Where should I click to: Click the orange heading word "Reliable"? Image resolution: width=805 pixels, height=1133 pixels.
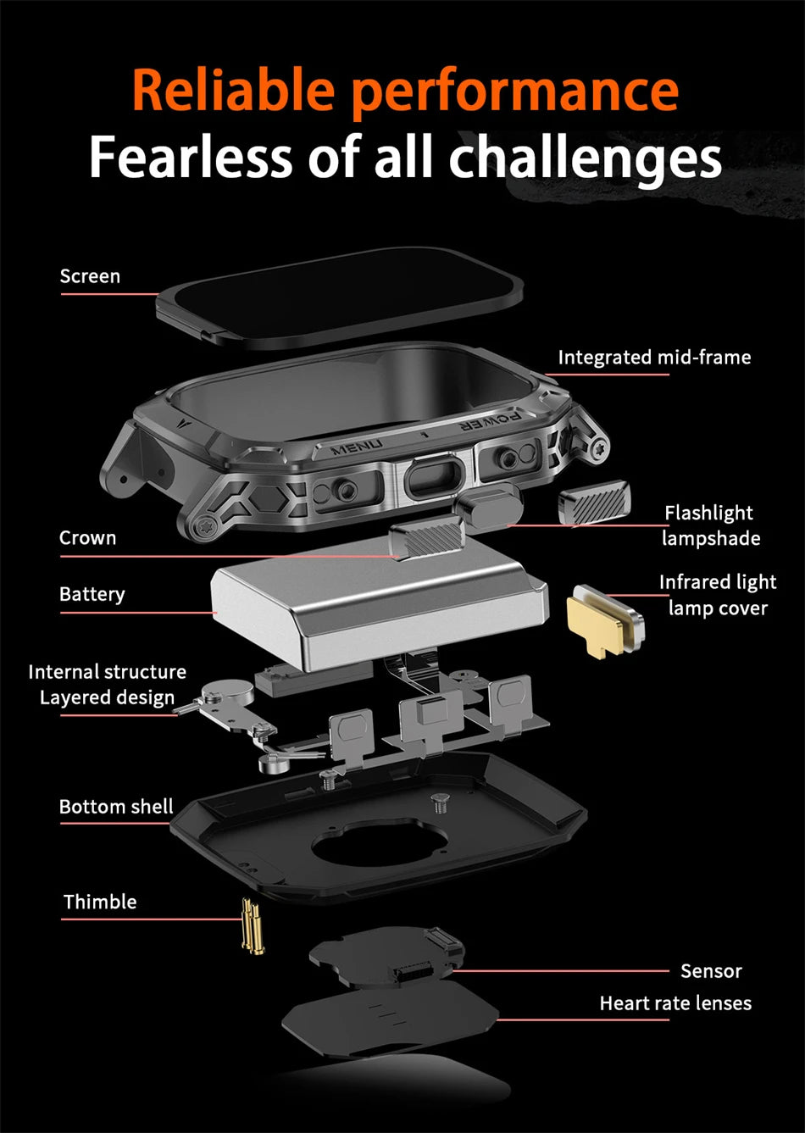[234, 90]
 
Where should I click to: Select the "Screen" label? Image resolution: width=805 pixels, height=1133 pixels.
[90, 276]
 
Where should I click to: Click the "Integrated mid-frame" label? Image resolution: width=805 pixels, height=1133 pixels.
[654, 358]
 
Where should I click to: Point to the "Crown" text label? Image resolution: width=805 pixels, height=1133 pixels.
[87, 537]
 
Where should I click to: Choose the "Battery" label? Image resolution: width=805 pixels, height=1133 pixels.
[92, 594]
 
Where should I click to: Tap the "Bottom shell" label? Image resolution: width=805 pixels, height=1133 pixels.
[116, 806]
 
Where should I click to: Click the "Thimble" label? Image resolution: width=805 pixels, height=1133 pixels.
[100, 902]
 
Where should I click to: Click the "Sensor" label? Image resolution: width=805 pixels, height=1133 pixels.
[711, 970]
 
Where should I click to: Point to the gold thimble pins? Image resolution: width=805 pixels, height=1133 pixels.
[253, 926]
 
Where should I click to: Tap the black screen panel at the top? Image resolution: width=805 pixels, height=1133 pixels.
[339, 298]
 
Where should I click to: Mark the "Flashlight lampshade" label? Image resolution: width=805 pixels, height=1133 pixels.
[710, 525]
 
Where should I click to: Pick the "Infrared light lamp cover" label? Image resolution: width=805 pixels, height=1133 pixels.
[718, 595]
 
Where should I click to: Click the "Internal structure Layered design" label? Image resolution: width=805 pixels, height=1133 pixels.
[108, 685]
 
